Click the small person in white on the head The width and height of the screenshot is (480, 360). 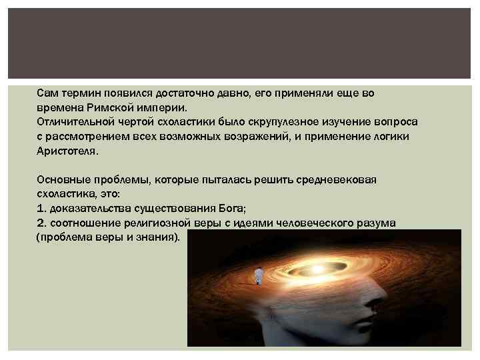coord(259,274)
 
